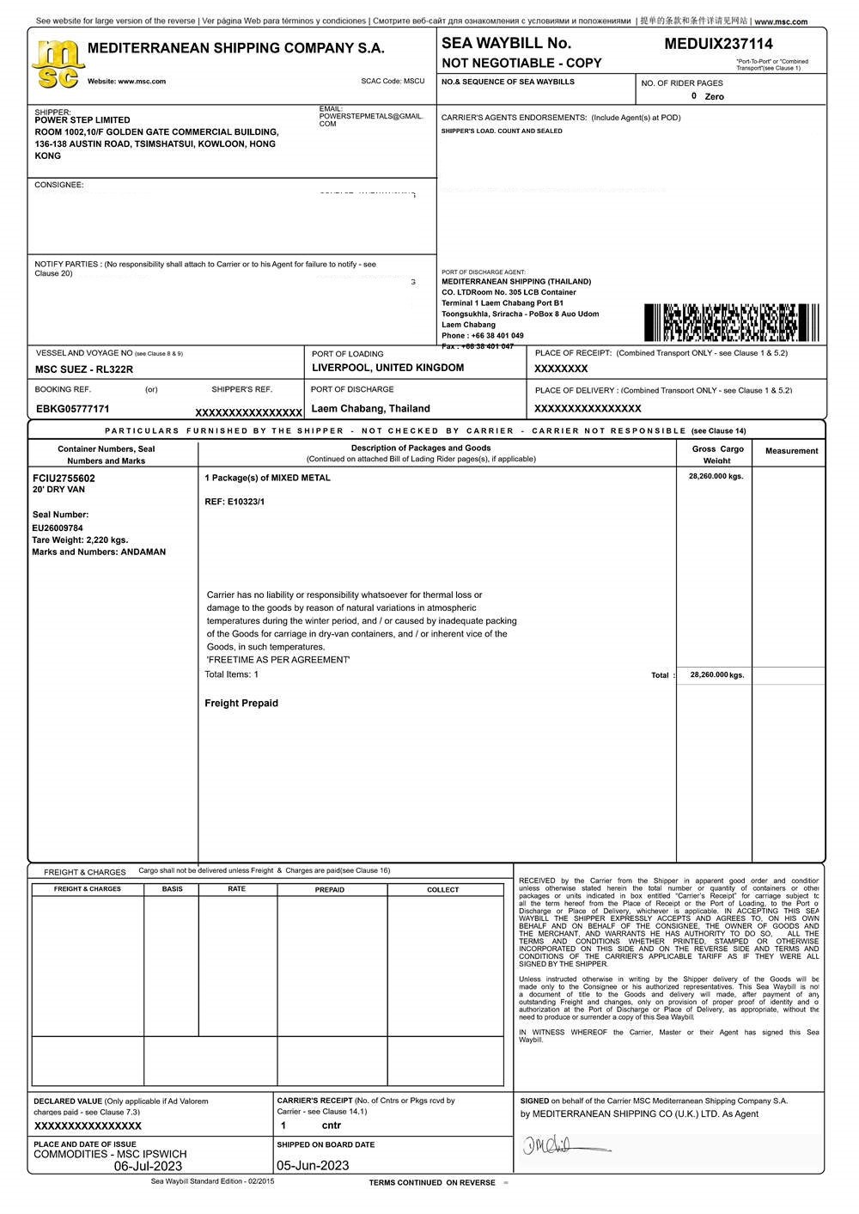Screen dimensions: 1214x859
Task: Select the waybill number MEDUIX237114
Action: click(718, 44)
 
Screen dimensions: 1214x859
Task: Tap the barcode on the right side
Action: click(731, 322)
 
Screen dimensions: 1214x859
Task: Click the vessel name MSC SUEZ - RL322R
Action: click(84, 369)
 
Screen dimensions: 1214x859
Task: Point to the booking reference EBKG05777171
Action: click(73, 409)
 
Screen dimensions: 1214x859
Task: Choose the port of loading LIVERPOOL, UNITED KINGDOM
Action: click(387, 368)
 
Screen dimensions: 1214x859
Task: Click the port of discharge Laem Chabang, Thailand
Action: click(370, 409)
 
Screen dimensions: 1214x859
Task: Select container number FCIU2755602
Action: click(64, 478)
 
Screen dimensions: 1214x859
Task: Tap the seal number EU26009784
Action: click(58, 528)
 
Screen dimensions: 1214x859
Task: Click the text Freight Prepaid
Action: click(241, 704)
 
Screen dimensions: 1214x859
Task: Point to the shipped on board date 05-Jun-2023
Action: click(313, 1166)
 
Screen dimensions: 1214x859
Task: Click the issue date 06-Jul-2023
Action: click(148, 1167)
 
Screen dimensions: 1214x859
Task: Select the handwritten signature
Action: click(563, 1145)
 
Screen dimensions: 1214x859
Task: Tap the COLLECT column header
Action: click(443, 890)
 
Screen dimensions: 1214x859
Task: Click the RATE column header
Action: click(237, 889)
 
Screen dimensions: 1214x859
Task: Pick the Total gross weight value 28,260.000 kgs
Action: click(716, 675)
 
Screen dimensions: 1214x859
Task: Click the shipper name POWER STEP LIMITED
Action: click(82, 120)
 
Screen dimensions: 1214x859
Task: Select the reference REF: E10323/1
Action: click(235, 502)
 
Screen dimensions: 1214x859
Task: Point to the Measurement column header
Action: click(791, 451)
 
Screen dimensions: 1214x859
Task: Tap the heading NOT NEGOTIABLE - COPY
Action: click(521, 64)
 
